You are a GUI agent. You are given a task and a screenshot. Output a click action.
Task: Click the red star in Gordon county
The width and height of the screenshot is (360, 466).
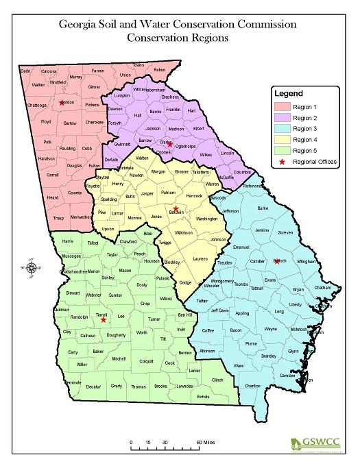(x=62, y=103)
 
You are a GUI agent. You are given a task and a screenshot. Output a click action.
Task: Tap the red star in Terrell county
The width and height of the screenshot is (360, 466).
(x=104, y=319)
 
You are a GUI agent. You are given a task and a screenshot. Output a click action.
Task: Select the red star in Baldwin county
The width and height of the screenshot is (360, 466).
(x=176, y=209)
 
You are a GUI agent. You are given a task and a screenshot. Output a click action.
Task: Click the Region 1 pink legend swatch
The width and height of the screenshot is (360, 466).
(x=281, y=106)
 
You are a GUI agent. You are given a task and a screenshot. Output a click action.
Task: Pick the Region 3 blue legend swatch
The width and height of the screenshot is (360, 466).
(x=281, y=128)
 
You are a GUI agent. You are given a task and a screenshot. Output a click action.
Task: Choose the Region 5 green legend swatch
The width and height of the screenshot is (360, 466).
(x=281, y=150)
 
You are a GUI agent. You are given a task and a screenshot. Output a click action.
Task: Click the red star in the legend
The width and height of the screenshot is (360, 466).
(x=281, y=162)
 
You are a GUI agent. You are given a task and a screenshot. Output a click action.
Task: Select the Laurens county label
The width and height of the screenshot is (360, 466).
(x=200, y=259)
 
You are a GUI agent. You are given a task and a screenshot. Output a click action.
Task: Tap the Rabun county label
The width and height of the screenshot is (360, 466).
(x=160, y=70)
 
